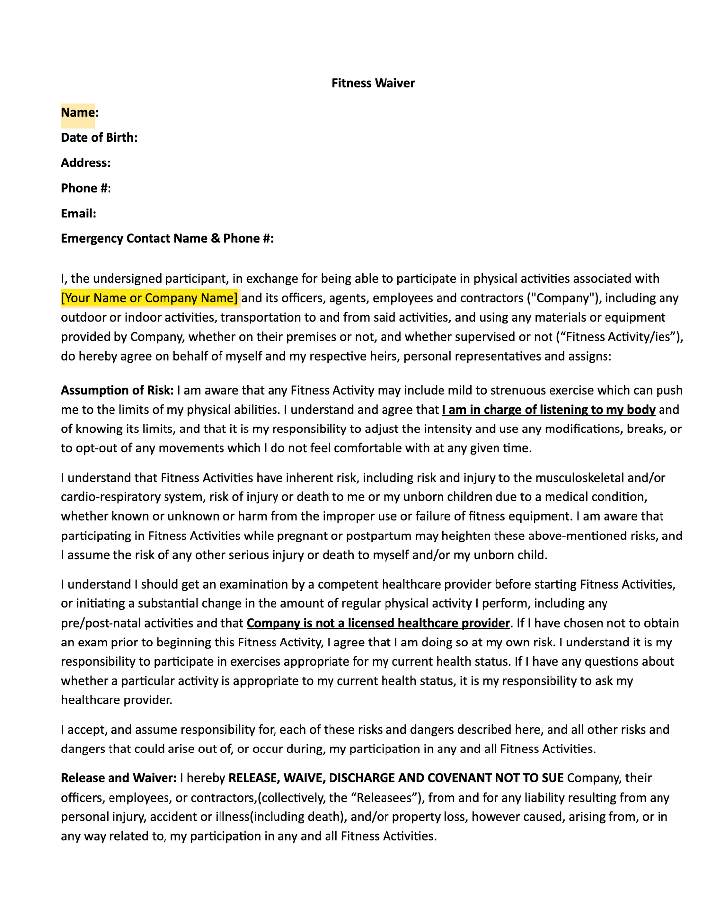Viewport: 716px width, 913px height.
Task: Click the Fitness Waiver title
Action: pos(373,83)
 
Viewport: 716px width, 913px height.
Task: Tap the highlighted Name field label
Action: pos(78,113)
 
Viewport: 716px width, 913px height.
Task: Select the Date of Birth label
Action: pos(99,138)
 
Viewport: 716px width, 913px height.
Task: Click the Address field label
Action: pos(86,163)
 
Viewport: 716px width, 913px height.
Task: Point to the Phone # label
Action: pos(86,188)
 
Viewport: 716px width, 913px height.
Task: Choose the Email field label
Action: pos(78,214)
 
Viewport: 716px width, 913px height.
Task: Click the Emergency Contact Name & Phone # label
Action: pos(167,239)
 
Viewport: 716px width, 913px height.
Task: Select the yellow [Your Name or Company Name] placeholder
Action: pos(150,298)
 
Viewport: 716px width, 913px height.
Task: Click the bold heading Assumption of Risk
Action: pos(117,391)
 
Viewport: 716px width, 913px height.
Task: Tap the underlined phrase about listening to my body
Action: pos(549,410)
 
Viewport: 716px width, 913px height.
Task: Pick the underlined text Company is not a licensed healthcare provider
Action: pos(378,623)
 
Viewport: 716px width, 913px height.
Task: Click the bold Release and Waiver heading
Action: pos(118,778)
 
